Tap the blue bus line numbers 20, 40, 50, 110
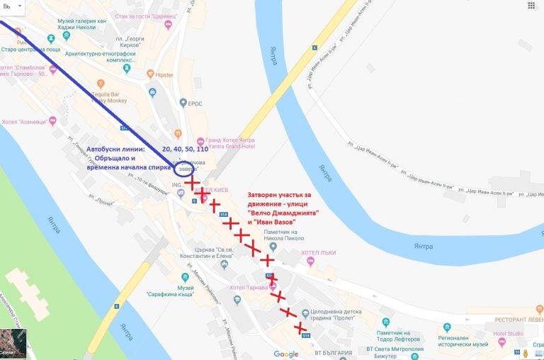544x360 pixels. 184,150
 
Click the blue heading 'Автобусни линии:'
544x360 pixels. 115,150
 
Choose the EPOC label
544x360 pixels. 195,103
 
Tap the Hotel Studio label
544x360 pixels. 509,333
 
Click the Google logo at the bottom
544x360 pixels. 286,354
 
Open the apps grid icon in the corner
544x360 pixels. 531,6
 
